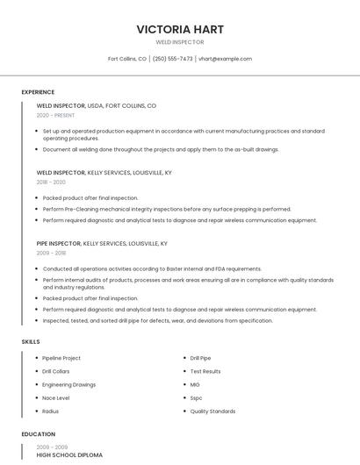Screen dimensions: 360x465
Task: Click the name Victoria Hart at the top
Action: (180, 29)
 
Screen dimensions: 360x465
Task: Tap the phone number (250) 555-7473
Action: (172, 59)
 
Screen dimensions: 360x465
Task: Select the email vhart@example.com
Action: (225, 59)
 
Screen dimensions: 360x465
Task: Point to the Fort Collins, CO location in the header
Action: (127, 59)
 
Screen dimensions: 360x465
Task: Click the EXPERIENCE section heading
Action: (38, 92)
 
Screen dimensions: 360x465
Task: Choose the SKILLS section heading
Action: (31, 341)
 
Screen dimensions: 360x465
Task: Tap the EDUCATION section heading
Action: (38, 434)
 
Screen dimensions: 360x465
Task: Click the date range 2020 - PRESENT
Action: (55, 115)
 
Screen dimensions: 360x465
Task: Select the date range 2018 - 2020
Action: (51, 182)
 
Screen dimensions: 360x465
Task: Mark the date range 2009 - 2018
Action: (51, 253)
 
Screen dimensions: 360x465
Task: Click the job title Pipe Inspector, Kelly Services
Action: (102, 243)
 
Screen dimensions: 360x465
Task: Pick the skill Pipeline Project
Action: (61, 358)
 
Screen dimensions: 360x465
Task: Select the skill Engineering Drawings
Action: (69, 384)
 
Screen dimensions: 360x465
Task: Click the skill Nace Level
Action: (55, 397)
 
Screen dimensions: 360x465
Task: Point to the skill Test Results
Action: (205, 371)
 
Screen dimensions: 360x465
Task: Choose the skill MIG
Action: (195, 384)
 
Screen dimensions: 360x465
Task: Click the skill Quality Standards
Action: (212, 411)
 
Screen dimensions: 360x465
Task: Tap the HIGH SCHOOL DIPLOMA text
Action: (69, 455)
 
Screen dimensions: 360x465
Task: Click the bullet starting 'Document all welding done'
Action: (161, 149)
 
